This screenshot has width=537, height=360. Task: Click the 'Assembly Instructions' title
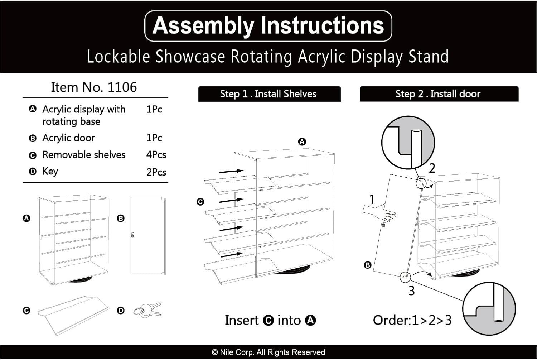click(268, 26)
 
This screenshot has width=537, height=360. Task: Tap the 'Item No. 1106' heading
click(94, 87)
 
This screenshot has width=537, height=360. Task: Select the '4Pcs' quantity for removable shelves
click(156, 155)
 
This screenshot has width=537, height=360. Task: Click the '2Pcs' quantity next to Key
click(156, 172)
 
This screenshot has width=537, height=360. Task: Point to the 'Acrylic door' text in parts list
click(68, 138)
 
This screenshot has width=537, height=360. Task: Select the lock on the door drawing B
click(132, 235)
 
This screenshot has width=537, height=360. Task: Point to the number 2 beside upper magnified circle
click(432, 168)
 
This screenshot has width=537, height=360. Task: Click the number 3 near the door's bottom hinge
click(412, 291)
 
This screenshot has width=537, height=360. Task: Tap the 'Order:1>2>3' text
click(412, 320)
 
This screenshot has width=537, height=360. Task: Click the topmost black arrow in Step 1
click(231, 171)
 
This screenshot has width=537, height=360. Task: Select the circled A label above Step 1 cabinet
click(302, 142)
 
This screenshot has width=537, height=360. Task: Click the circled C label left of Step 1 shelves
click(200, 202)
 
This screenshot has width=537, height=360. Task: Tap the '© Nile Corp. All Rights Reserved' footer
click(268, 352)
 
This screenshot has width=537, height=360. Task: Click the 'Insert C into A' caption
click(270, 320)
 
